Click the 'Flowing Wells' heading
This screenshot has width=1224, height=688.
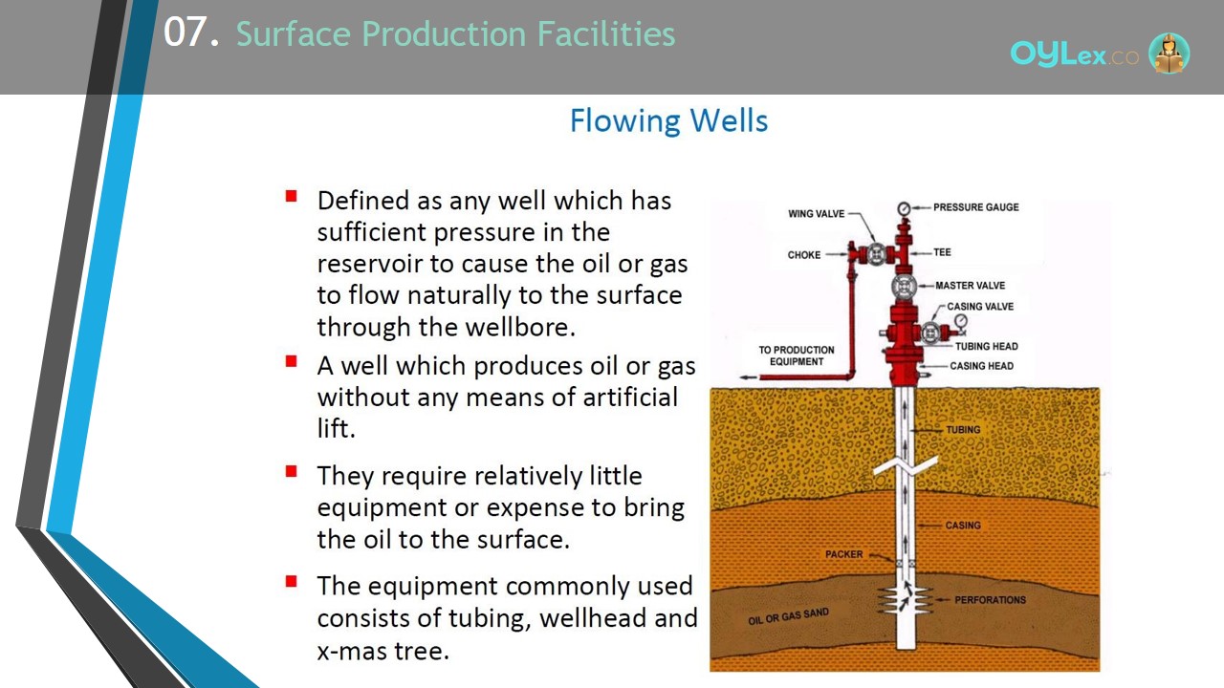[668, 120]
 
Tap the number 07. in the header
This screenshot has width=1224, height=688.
[191, 32]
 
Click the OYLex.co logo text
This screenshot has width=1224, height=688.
[1074, 54]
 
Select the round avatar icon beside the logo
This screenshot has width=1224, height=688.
[1169, 53]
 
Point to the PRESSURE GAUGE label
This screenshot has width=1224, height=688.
[976, 207]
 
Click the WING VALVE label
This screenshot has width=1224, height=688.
[816, 213]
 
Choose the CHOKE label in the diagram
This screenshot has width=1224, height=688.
[804, 255]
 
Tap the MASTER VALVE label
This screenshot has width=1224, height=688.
[970, 286]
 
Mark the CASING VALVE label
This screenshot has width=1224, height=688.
[980, 307]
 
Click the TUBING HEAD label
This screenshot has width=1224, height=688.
[986, 346]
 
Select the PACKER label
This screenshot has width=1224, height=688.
[843, 554]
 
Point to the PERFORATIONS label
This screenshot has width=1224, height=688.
[990, 600]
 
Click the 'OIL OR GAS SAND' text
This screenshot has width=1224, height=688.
[788, 616]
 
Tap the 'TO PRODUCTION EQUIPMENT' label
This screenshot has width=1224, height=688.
[797, 355]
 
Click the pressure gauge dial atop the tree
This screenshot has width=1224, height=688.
[904, 208]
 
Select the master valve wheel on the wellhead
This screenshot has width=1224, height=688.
[904, 287]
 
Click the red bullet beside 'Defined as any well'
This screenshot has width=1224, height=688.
[291, 196]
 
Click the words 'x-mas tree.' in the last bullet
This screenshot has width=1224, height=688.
[382, 651]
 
